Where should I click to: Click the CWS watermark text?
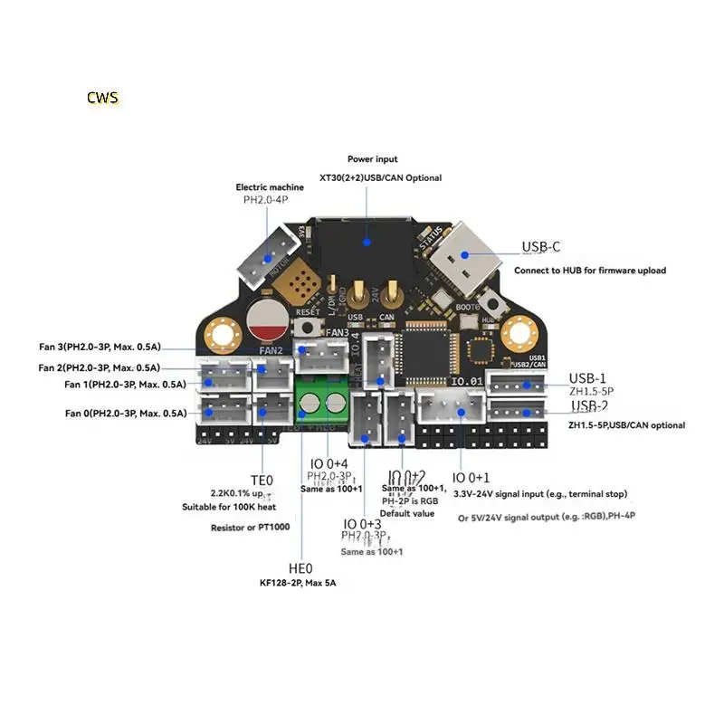pyautogui.click(x=102, y=97)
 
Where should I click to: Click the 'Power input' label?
pyautogui.click(x=372, y=159)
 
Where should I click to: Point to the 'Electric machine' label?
pyautogui.click(x=270, y=187)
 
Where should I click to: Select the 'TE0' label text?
pyautogui.click(x=261, y=480)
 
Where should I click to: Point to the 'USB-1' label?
pyautogui.click(x=587, y=378)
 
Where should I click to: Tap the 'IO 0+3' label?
pyautogui.click(x=362, y=524)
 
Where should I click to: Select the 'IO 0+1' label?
pyautogui.click(x=471, y=477)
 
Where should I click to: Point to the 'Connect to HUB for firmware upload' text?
pyautogui.click(x=590, y=271)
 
